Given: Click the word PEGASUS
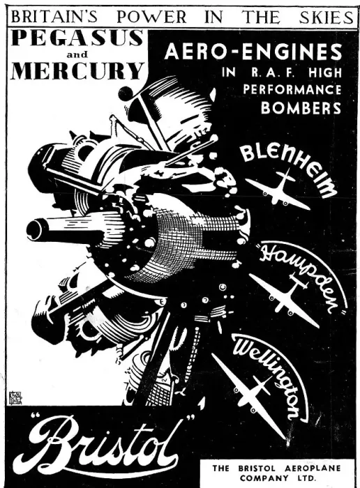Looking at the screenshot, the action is tap(77, 38).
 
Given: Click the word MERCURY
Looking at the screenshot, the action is tap(77, 70).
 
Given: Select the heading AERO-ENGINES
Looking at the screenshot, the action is tap(253, 52).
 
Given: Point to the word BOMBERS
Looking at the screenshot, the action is tap(301, 107).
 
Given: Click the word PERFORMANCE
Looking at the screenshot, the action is tap(292, 90).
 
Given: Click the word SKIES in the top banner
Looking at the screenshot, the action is tap(326, 17).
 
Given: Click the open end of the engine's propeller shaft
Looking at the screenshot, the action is tap(33, 229).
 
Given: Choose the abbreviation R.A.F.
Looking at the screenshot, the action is tap(275, 73).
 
